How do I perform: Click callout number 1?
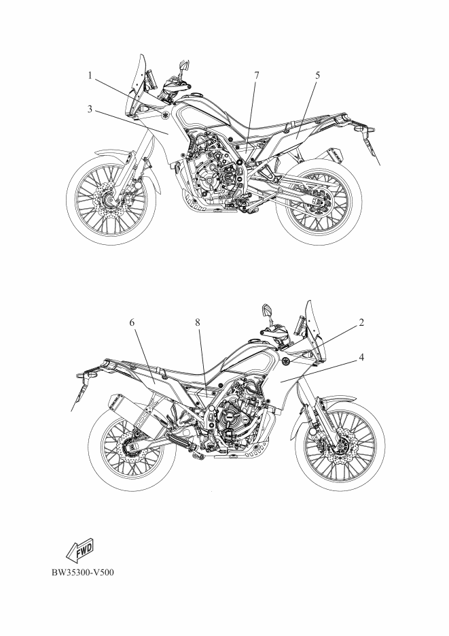pos(90,76)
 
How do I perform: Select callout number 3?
pos(90,109)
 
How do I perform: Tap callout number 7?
pos(256,76)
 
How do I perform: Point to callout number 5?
pos(318,76)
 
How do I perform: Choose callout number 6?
pos(132,322)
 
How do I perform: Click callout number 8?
pos(198,322)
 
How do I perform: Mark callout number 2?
pos(361,322)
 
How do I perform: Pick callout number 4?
pos(361,357)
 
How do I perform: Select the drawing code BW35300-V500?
pos(83,572)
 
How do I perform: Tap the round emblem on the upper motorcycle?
pos(166,115)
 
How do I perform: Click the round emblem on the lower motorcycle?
pos(287,361)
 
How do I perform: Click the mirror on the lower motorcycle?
pos(268,312)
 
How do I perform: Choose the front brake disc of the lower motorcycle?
pos(341,446)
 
